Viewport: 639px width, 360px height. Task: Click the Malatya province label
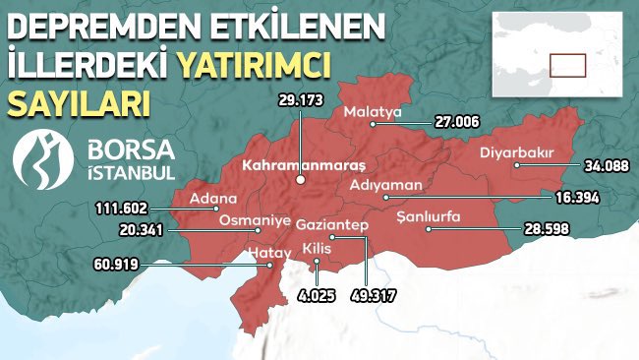coord(374,113)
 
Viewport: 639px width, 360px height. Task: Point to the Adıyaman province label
coord(386,184)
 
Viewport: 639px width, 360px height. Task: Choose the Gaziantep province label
coord(332,226)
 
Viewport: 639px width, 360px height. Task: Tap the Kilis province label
coord(317,247)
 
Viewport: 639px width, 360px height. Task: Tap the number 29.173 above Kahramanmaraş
coord(301,99)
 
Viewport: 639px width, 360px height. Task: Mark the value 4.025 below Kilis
coord(316,294)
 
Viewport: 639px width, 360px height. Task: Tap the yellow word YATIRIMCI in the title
coord(252,66)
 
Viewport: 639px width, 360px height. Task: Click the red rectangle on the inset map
coord(567,65)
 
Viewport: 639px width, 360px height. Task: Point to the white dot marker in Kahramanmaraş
coord(301,181)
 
